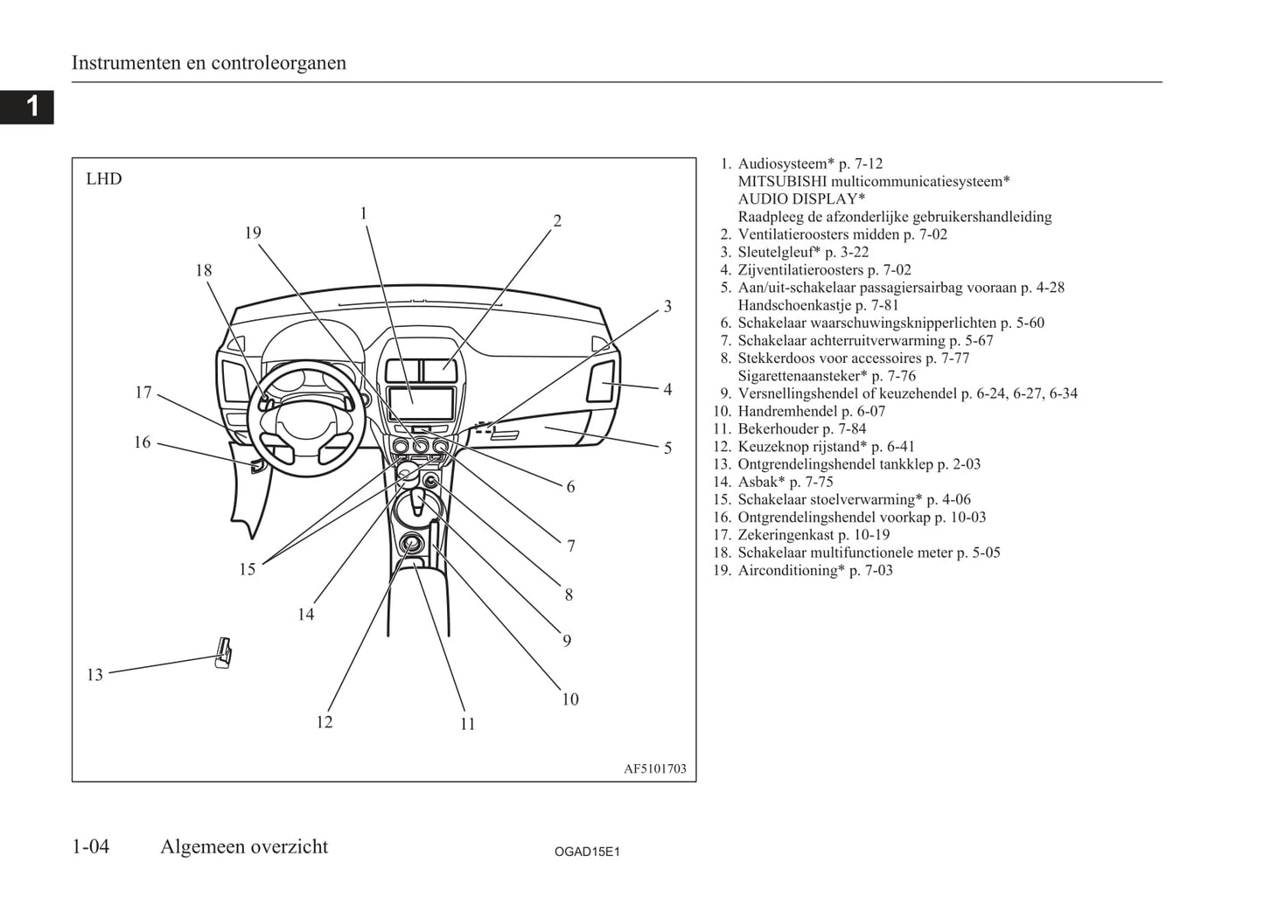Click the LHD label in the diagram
point(104,179)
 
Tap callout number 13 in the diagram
point(94,674)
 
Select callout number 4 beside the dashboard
point(667,389)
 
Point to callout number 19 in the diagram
point(253,233)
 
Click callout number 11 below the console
point(467,723)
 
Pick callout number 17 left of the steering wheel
point(143,393)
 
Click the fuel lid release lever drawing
point(224,652)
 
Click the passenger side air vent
point(601,381)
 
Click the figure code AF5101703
point(654,769)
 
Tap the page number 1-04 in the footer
point(91,846)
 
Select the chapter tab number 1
point(31,107)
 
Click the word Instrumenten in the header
point(127,63)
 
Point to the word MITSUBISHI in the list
point(782,181)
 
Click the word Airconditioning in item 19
point(788,570)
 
